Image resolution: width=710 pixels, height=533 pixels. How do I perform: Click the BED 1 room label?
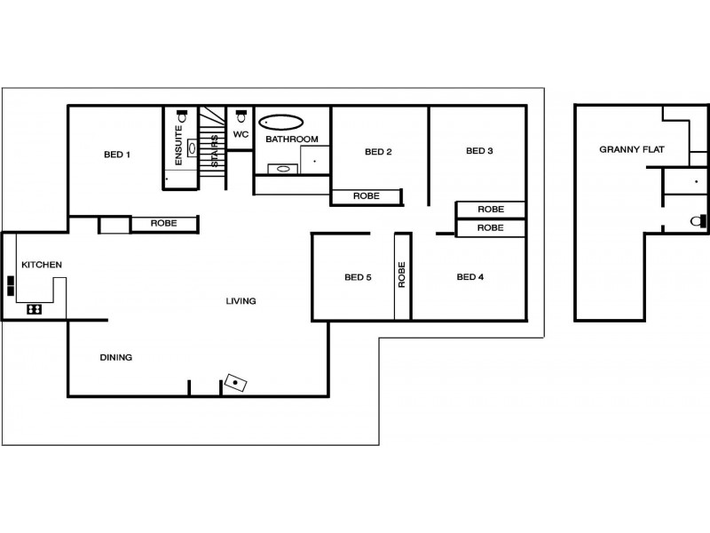tap(117, 155)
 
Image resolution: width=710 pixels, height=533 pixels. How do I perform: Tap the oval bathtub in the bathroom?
tap(280, 123)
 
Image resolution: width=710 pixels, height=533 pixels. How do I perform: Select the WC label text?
tap(241, 135)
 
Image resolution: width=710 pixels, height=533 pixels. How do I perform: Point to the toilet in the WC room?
tap(241, 116)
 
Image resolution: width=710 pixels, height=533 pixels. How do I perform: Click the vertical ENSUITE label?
tap(178, 146)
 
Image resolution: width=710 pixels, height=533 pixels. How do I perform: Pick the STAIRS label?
tap(215, 150)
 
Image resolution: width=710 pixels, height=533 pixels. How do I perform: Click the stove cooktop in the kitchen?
tap(35, 309)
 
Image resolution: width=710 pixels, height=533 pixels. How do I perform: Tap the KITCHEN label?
tap(42, 265)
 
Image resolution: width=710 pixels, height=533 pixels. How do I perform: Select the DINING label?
tap(116, 358)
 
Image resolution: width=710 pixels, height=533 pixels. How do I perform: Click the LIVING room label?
tap(241, 301)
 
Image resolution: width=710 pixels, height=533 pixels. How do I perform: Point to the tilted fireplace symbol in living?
tap(236, 383)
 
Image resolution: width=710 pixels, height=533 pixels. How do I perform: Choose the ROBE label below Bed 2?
tap(367, 196)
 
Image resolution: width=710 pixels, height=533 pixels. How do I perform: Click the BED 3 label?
tap(479, 151)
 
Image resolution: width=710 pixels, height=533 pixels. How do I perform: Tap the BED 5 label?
tap(358, 277)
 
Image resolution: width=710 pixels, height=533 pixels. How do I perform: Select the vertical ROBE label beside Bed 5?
tap(402, 274)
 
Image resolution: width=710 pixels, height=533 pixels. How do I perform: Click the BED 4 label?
tap(470, 277)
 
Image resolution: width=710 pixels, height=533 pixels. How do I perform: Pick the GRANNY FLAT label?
tap(632, 149)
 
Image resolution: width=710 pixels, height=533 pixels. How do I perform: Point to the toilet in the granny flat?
tap(698, 221)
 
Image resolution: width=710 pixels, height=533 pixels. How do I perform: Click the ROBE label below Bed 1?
tap(164, 224)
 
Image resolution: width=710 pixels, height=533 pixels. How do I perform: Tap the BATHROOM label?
tap(292, 139)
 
